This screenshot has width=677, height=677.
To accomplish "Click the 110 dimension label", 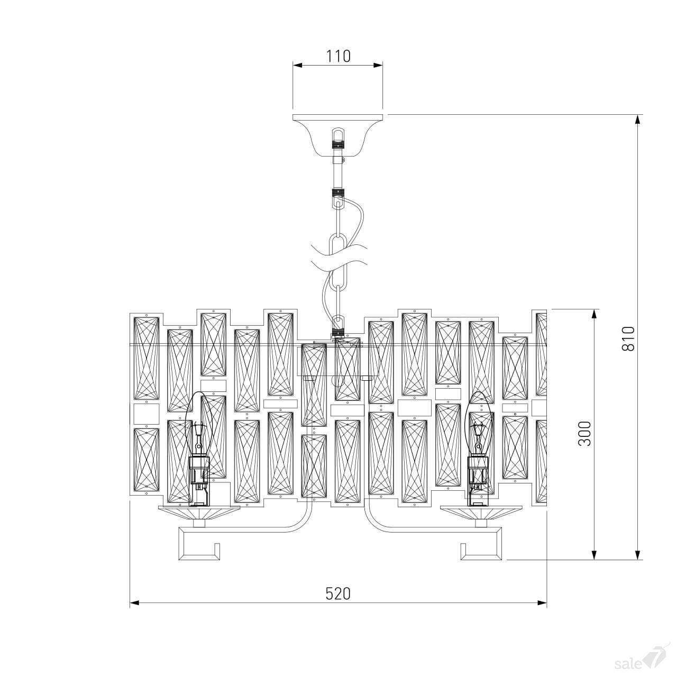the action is [x=338, y=56].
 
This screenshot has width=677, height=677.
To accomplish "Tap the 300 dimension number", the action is [x=584, y=434].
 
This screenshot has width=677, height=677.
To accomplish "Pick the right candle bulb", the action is [x=479, y=422].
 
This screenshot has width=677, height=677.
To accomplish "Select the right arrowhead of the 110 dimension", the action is [x=378, y=65].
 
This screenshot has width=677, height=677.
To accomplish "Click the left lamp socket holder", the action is [x=199, y=481].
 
